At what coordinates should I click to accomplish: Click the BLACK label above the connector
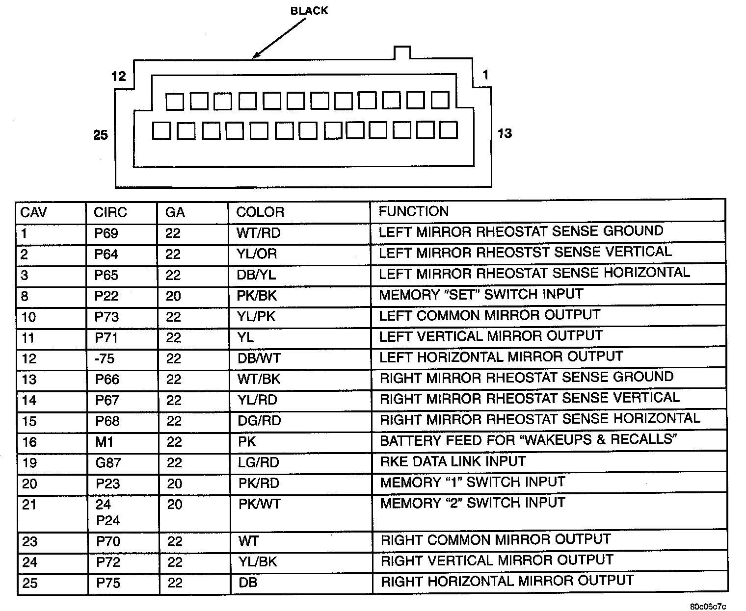(309, 11)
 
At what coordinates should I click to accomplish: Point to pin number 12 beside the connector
(119, 76)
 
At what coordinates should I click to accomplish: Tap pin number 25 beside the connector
(101, 135)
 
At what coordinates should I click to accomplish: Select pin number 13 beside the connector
(505, 133)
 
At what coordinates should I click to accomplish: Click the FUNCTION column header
(413, 211)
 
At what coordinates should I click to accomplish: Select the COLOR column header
(260, 212)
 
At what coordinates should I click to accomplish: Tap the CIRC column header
(110, 212)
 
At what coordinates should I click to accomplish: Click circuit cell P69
(106, 233)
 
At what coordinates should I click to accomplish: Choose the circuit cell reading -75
(105, 358)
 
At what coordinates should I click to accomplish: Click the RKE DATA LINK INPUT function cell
(453, 461)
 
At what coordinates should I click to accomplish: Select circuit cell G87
(108, 463)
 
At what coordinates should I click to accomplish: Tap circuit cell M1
(104, 442)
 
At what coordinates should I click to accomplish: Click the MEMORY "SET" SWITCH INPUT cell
(481, 294)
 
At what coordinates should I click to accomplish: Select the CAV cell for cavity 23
(29, 541)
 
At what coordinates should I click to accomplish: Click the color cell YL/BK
(258, 561)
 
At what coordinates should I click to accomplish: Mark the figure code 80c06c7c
(708, 606)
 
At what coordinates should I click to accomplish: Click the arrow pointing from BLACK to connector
(278, 39)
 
